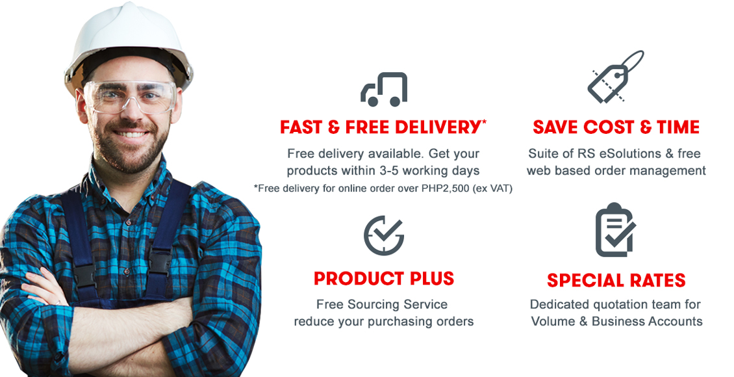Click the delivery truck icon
click(x=384, y=89)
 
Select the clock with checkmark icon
click(x=383, y=235)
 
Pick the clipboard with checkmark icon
click(x=615, y=230)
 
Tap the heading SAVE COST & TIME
click(x=616, y=127)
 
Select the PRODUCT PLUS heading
click(x=384, y=279)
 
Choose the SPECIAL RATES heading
click(x=616, y=281)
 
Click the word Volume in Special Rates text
click(x=551, y=321)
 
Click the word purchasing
click(x=404, y=322)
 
